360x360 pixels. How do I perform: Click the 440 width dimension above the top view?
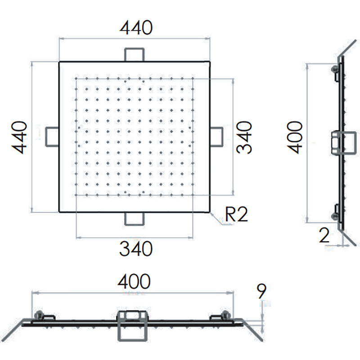tap(136, 28)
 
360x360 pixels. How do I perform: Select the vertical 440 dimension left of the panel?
tap(19, 137)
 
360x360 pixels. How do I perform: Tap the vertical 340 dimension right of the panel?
tap(244, 137)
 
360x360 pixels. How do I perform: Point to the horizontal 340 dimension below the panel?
tap(136, 249)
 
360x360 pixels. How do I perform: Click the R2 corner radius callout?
tap(236, 215)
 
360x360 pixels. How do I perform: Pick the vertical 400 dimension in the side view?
tap(295, 137)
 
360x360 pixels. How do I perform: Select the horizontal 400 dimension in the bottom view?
tap(134, 281)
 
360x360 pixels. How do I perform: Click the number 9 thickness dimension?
tap(261, 291)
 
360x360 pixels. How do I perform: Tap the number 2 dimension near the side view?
tap(324, 235)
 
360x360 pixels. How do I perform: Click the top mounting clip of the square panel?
tap(134, 54)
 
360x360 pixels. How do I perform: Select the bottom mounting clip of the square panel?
tap(134, 219)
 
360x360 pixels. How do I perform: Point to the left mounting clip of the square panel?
tap(52, 137)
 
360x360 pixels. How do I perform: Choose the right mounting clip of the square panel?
tap(216, 137)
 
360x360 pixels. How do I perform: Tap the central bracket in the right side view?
tap(344, 142)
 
